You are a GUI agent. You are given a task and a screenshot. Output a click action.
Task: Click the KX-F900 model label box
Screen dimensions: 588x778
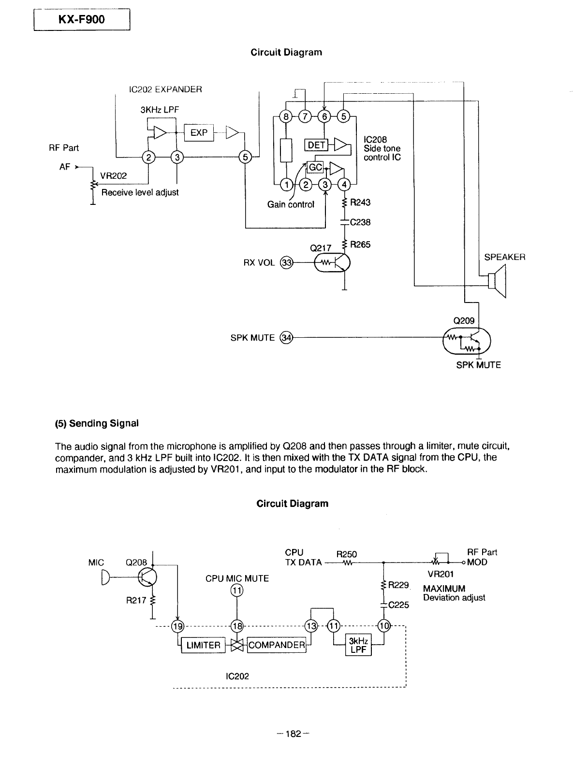pyautogui.click(x=82, y=19)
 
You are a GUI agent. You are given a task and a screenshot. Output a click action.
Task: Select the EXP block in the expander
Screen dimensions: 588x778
pyautogui.click(x=199, y=132)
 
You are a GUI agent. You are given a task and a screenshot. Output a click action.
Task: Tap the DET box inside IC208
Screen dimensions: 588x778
pyautogui.click(x=316, y=145)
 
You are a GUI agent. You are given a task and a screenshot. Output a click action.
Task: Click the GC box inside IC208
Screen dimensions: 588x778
pyautogui.click(x=315, y=167)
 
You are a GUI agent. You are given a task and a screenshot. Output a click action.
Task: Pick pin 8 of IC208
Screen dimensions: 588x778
pyautogui.click(x=286, y=116)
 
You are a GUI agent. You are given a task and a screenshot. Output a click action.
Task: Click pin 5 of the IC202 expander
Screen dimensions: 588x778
pyautogui.click(x=245, y=157)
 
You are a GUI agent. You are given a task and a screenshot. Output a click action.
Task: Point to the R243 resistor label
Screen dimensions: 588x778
pyautogui.click(x=360, y=202)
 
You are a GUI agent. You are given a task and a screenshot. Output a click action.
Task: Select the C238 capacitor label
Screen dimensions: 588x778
pyautogui.click(x=360, y=222)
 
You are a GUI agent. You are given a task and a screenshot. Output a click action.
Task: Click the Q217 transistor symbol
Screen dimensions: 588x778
pyautogui.click(x=332, y=263)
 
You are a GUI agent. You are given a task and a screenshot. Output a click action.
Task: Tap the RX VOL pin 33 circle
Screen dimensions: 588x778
pyautogui.click(x=287, y=263)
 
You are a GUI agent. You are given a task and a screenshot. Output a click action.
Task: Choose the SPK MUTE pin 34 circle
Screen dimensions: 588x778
pyautogui.click(x=287, y=337)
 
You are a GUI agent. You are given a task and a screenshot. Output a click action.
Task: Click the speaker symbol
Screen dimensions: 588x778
pyautogui.click(x=497, y=281)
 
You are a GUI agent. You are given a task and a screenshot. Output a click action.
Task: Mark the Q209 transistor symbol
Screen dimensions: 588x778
pyautogui.click(x=467, y=341)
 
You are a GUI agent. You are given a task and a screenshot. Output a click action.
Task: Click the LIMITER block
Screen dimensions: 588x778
pyautogui.click(x=203, y=645)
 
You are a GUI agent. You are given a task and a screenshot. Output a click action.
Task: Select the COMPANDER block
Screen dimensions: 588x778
pyautogui.click(x=277, y=645)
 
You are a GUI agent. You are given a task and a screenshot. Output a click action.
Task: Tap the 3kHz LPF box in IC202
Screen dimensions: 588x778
pyautogui.click(x=358, y=645)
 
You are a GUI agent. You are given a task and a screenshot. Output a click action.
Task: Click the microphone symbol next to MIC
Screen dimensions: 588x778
pyautogui.click(x=106, y=577)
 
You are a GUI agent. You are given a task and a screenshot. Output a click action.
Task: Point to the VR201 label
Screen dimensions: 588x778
pyautogui.click(x=441, y=574)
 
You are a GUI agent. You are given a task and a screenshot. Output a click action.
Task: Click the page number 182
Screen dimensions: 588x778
pyautogui.click(x=294, y=734)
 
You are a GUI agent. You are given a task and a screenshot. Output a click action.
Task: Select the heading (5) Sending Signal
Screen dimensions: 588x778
pyautogui.click(x=96, y=423)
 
